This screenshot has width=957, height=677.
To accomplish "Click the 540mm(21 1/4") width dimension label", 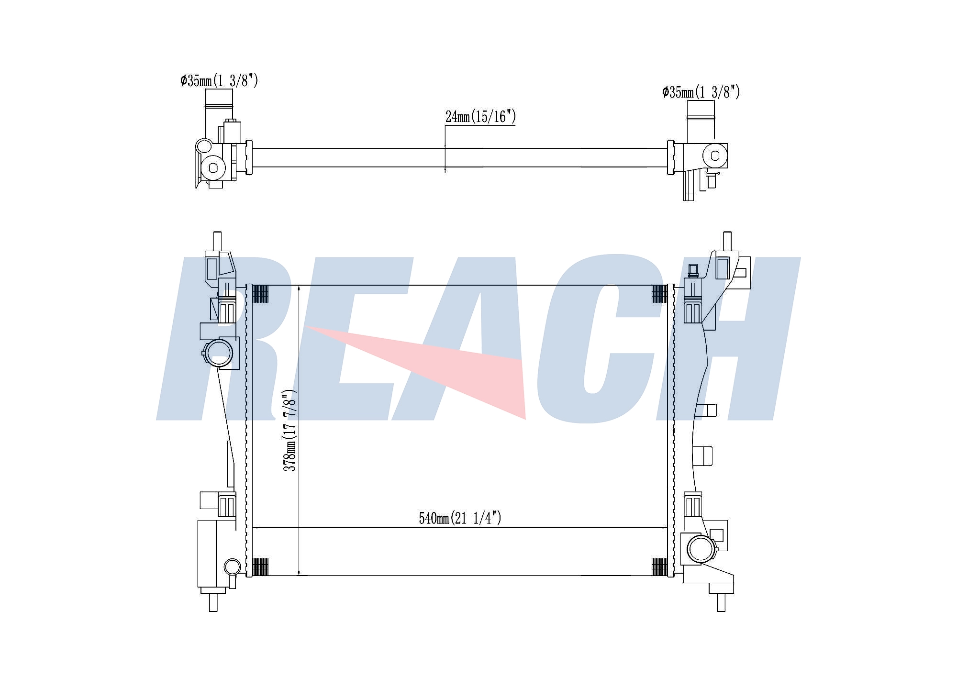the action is (x=460, y=518).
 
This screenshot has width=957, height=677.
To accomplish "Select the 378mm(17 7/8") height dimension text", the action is (x=290, y=430).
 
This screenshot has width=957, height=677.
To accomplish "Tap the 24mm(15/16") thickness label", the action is (x=480, y=116).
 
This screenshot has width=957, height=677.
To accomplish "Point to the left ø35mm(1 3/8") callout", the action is (x=219, y=80).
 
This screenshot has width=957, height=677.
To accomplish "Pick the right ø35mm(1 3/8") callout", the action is (x=701, y=92).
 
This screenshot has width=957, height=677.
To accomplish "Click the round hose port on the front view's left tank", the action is (x=219, y=353).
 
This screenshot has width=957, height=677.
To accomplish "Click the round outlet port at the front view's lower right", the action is (x=701, y=549).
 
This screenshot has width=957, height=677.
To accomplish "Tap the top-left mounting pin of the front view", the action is (x=217, y=241).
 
